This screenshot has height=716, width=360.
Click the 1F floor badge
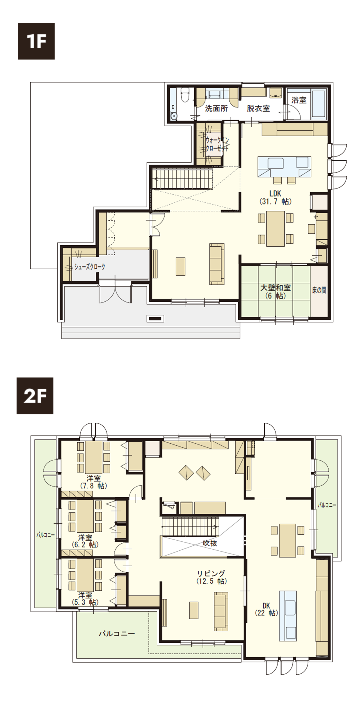coord(37,41)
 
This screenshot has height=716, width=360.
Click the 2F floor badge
coord(35,396)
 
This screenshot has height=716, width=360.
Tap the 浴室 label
coord(299,100)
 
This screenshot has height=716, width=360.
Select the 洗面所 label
coord(217,108)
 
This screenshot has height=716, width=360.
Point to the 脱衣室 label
coord(258,108)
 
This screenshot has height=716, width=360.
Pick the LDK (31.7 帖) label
coord(275,197)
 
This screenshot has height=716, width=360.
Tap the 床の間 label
coord(319,290)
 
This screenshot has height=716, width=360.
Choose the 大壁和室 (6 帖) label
coord(275,292)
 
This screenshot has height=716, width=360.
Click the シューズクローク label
coord(89,267)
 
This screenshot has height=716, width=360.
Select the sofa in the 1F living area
coord(217,264)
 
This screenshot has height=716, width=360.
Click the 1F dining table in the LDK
coord(275,229)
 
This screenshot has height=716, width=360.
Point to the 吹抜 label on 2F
coord(210,543)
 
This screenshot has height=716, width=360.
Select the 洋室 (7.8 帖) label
coord(94,482)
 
